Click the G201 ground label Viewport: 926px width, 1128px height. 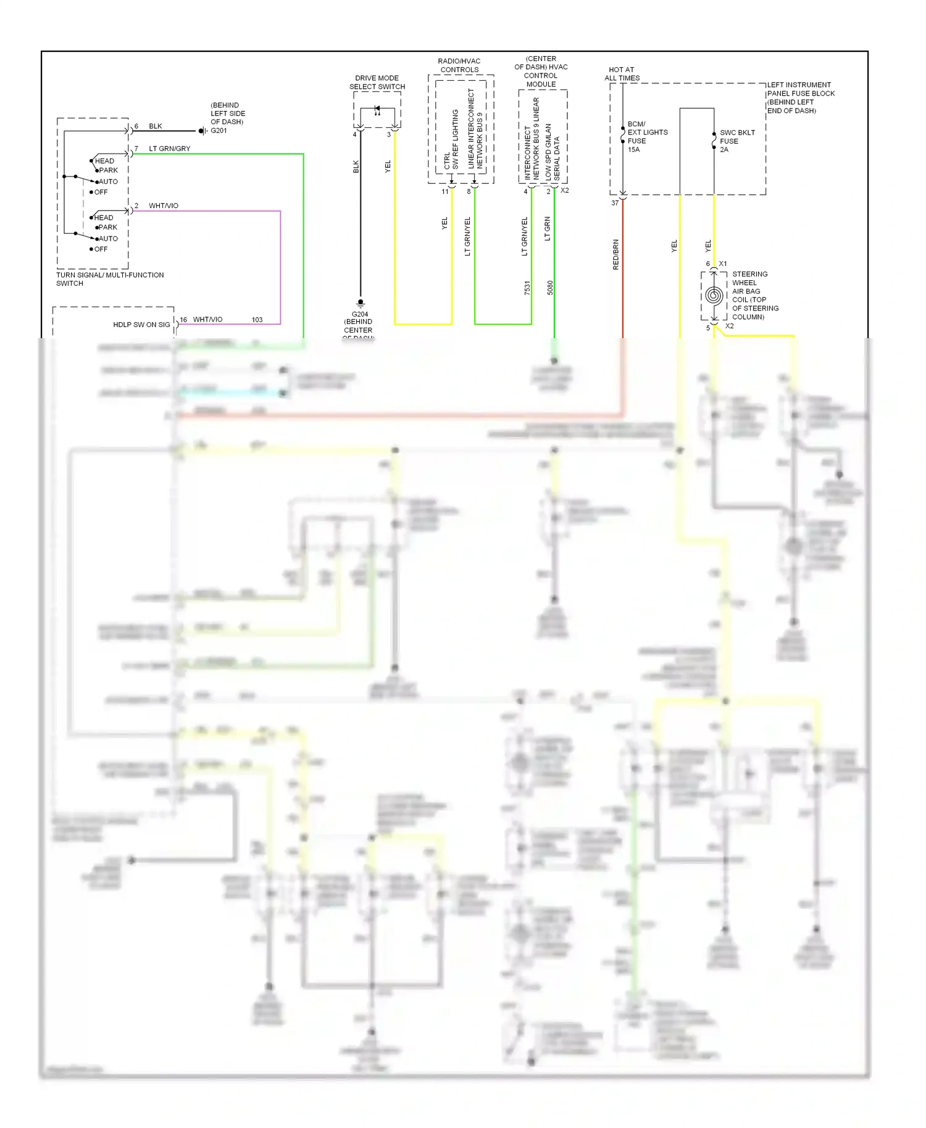tap(219, 131)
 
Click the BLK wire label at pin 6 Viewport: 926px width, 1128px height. tap(156, 126)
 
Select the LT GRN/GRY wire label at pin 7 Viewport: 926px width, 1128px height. tap(170, 149)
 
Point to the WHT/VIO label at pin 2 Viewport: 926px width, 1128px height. tap(164, 205)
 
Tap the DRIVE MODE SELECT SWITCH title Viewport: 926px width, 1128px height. tap(377, 83)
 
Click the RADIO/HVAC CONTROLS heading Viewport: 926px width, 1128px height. tap(459, 65)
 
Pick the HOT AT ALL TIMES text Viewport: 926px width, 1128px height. tap(622, 74)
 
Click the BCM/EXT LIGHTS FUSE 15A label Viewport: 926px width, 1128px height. tap(646, 136)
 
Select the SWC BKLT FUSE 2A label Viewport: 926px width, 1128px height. tap(736, 141)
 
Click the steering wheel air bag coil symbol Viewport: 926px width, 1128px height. tap(714, 296)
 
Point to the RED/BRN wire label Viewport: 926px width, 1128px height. tap(615, 254)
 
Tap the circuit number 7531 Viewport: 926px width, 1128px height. tap(527, 288)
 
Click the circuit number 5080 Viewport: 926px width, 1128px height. tap(550, 288)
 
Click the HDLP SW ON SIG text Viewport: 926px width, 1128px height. tap(141, 325)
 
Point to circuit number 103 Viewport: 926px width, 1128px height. tap(257, 320)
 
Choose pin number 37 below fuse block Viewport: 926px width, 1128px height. tap(615, 203)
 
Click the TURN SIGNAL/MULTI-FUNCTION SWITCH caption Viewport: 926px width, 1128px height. tap(110, 279)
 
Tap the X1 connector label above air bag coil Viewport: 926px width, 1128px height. tap(723, 263)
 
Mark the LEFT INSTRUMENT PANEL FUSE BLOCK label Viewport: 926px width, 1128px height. tap(800, 97)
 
